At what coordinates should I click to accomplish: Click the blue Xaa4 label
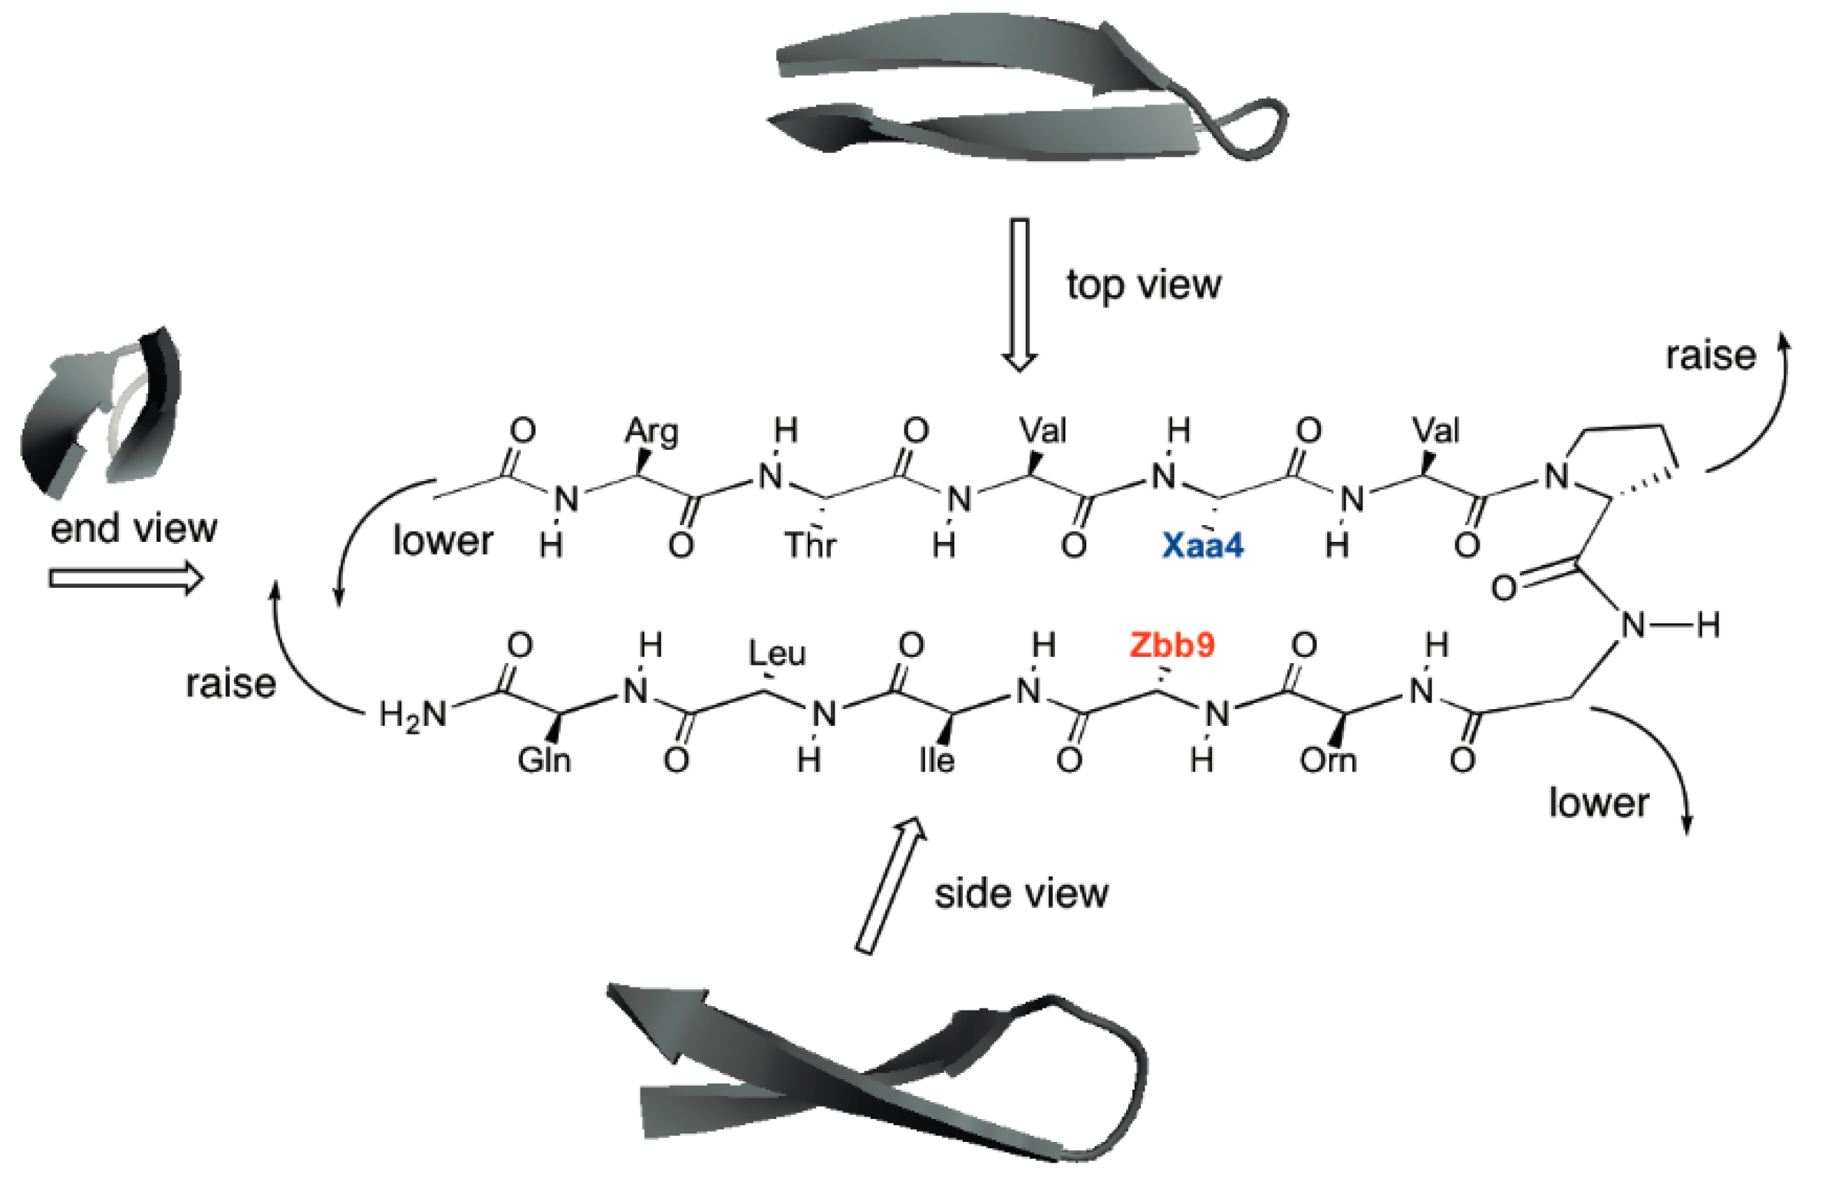[1202, 546]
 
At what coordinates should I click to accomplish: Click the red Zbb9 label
[1172, 645]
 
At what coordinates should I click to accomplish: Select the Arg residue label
[651, 431]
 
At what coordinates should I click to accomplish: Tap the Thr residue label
[810, 546]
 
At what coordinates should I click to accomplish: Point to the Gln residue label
[544, 761]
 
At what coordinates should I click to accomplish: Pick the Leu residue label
[777, 654]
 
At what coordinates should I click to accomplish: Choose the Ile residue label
[937, 761]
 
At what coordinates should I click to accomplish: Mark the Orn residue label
[1328, 761]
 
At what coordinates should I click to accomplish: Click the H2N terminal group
[413, 716]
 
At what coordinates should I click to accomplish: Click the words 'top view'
[1143, 285]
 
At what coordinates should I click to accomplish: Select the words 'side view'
[1021, 894]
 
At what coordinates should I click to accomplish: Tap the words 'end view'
[133, 528]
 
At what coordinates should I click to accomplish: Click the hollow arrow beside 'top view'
[1020, 295]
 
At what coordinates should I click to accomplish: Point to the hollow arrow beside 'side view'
[890, 886]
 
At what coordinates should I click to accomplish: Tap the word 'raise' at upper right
[1711, 356]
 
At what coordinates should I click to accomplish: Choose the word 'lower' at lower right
[1598, 803]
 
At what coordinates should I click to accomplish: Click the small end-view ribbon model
[100, 414]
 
